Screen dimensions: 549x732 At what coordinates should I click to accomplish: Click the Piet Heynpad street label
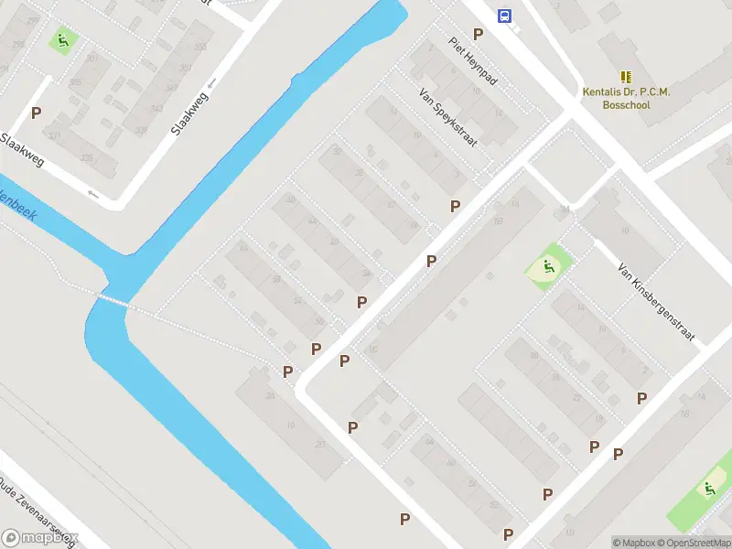tap(473, 61)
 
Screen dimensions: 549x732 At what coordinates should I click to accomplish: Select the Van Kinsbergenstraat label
tap(657, 304)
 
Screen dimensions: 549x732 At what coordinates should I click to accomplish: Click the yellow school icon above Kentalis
tap(626, 77)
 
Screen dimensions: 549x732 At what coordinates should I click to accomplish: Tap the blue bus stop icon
tap(503, 16)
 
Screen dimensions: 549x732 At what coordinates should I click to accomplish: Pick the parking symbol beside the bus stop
tap(478, 34)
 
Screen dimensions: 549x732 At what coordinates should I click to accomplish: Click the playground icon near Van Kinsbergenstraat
tap(547, 268)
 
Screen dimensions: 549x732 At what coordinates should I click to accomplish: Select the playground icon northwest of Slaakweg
tap(62, 39)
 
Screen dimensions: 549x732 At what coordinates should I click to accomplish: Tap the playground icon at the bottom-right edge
tap(707, 490)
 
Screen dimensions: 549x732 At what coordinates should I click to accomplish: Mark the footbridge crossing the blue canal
tap(115, 300)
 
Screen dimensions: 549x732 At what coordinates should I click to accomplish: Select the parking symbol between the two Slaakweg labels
tap(37, 113)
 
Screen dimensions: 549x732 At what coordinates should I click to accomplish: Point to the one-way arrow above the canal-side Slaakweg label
tap(212, 82)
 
